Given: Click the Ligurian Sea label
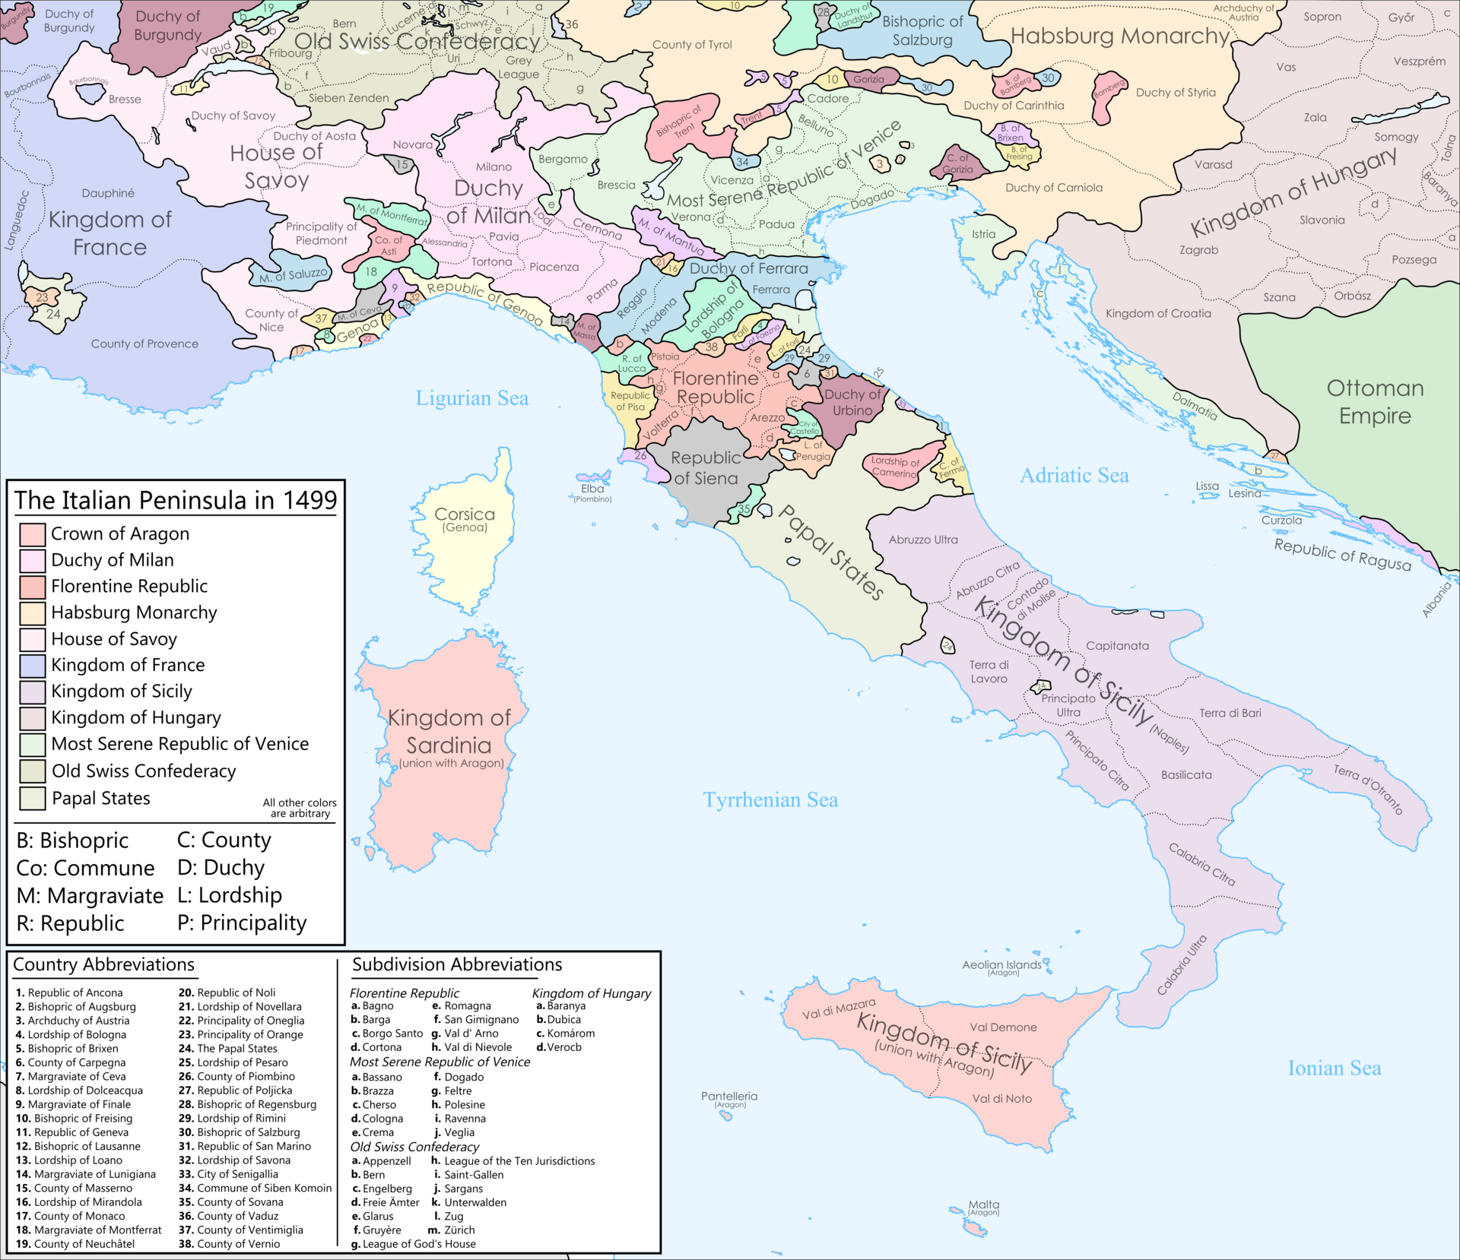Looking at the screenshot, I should (x=471, y=398).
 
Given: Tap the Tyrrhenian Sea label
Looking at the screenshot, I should (x=770, y=800).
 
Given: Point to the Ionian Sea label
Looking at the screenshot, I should (x=1334, y=1068).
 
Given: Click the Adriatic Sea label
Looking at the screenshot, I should (x=1074, y=476).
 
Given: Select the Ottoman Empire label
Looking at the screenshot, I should (x=1375, y=402).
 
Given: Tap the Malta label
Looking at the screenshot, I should (x=984, y=1205).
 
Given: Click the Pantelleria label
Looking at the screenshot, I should (x=729, y=1097).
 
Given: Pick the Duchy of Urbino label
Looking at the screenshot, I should (x=852, y=402).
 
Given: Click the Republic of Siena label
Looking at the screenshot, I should (x=706, y=468).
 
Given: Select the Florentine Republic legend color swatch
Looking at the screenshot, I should (x=32, y=587).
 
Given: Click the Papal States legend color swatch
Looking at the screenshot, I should (x=32, y=799).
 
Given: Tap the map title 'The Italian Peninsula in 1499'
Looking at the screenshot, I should (x=175, y=500).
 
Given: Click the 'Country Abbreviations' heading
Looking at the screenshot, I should (x=104, y=964).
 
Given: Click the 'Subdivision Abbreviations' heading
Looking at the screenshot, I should (x=457, y=964).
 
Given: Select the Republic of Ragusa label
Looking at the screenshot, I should (x=1342, y=555).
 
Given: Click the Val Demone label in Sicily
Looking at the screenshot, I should (x=1003, y=1027).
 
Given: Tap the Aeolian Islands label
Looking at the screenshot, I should (x=1001, y=965).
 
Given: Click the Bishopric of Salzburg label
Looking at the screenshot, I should (x=922, y=31).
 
